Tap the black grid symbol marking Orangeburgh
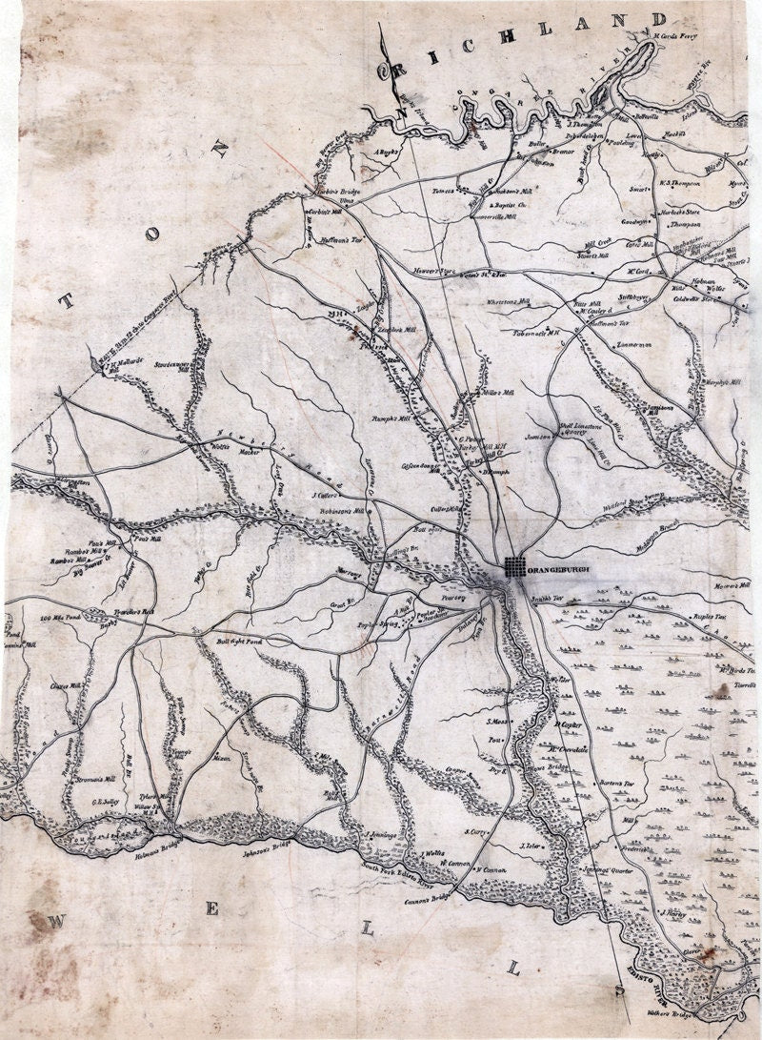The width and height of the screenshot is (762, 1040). pyautogui.click(x=515, y=567)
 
